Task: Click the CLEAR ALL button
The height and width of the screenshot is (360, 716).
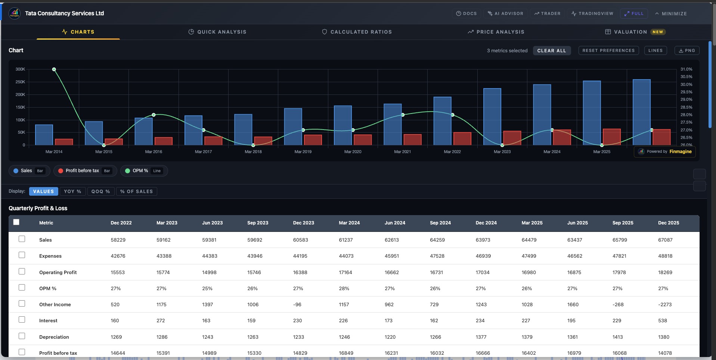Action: [551, 50]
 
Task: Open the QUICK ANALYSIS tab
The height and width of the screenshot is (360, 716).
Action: [217, 32]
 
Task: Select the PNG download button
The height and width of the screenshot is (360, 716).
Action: [686, 50]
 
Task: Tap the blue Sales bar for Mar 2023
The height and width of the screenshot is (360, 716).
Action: [492, 117]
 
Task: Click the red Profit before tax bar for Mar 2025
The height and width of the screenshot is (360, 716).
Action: [611, 137]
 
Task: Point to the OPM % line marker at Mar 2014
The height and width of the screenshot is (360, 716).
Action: [54, 69]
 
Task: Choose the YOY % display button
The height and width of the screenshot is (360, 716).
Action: [72, 191]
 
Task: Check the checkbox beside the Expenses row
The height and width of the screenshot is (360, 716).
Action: [22, 255]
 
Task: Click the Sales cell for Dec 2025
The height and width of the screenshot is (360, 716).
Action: [665, 240]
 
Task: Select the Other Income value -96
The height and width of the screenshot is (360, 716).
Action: [297, 304]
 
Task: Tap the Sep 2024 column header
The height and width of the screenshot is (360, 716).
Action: [440, 223]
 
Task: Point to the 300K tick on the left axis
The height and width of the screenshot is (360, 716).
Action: [20, 69]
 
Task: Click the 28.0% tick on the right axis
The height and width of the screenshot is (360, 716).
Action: [686, 115]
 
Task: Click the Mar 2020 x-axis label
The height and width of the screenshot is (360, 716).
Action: [353, 152]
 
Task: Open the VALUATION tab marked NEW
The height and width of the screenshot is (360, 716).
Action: [635, 32]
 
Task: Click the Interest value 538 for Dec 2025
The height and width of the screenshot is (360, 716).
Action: [663, 320]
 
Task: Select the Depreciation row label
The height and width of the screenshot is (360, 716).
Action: [54, 337]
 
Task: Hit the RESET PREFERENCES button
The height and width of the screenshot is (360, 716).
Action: [608, 50]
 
